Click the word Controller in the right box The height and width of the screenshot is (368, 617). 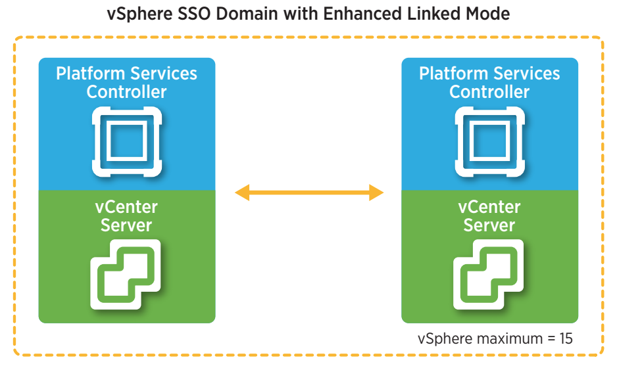(489, 92)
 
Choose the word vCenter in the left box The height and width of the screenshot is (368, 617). (126, 207)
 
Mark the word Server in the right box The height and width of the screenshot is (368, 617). (489, 225)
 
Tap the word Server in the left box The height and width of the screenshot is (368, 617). (126, 225)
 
